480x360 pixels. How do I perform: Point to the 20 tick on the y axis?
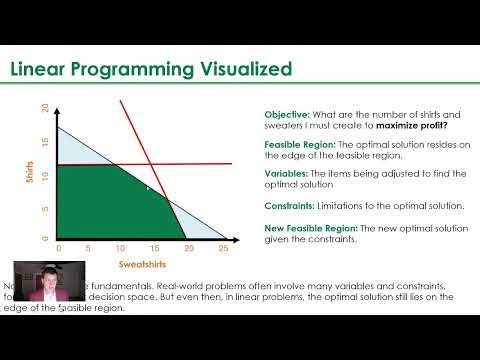pyautogui.click(x=44, y=108)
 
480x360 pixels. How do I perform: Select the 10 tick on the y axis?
pyautogui.click(x=44, y=174)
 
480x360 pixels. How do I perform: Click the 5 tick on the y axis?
pyautogui.click(x=44, y=207)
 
